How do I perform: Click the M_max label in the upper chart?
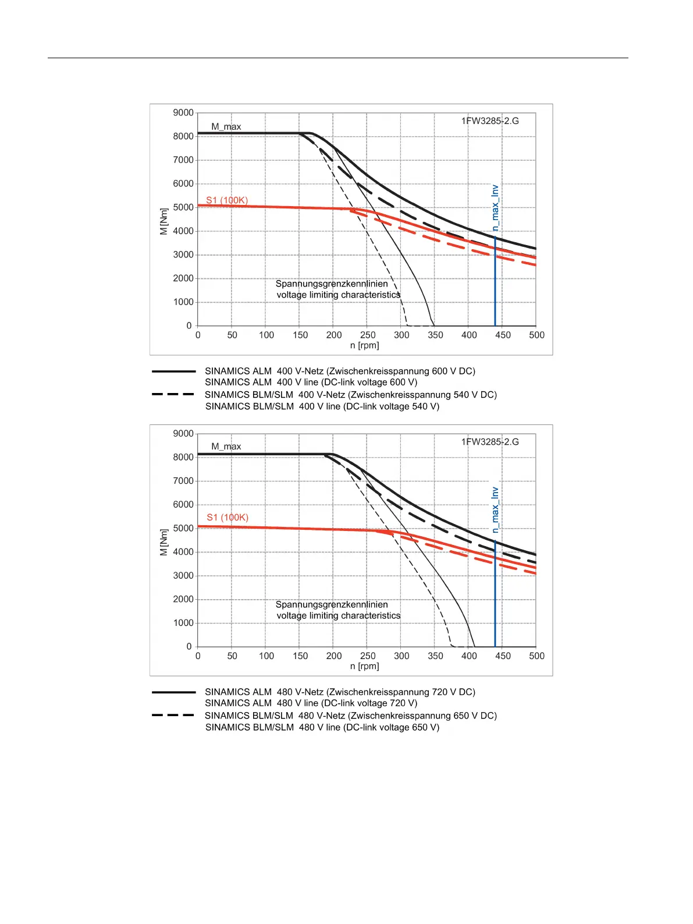tap(226, 127)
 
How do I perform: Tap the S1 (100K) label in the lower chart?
tap(228, 518)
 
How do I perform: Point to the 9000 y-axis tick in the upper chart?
tap(183, 113)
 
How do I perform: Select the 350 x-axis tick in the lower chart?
tap(435, 656)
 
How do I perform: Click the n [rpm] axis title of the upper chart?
tap(365, 346)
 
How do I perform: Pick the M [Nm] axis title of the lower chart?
tap(164, 542)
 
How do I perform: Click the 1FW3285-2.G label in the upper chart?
tap(490, 121)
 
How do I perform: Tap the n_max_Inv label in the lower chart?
tap(495, 510)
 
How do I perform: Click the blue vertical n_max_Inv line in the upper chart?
tap(495, 279)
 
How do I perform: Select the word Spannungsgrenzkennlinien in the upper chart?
tap(332, 284)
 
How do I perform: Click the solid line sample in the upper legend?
tap(173, 371)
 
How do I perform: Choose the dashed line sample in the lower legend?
tap(173, 715)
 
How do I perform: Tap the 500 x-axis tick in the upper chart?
tap(536, 335)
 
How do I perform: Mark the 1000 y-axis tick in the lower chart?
tap(183, 623)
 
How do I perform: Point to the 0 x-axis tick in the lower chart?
tap(198, 656)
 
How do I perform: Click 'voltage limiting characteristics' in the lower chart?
tap(339, 616)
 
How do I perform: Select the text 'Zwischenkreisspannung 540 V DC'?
tap(422, 395)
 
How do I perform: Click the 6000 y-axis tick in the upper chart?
tap(183, 184)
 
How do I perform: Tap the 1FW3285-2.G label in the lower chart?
tap(490, 442)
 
